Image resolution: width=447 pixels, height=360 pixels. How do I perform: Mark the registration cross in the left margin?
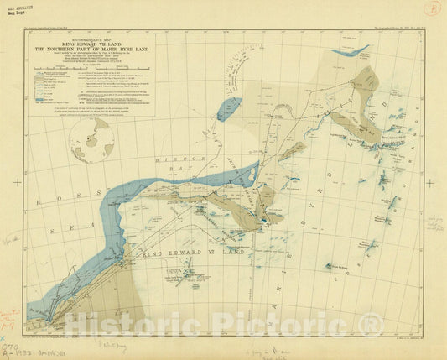(13, 179)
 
